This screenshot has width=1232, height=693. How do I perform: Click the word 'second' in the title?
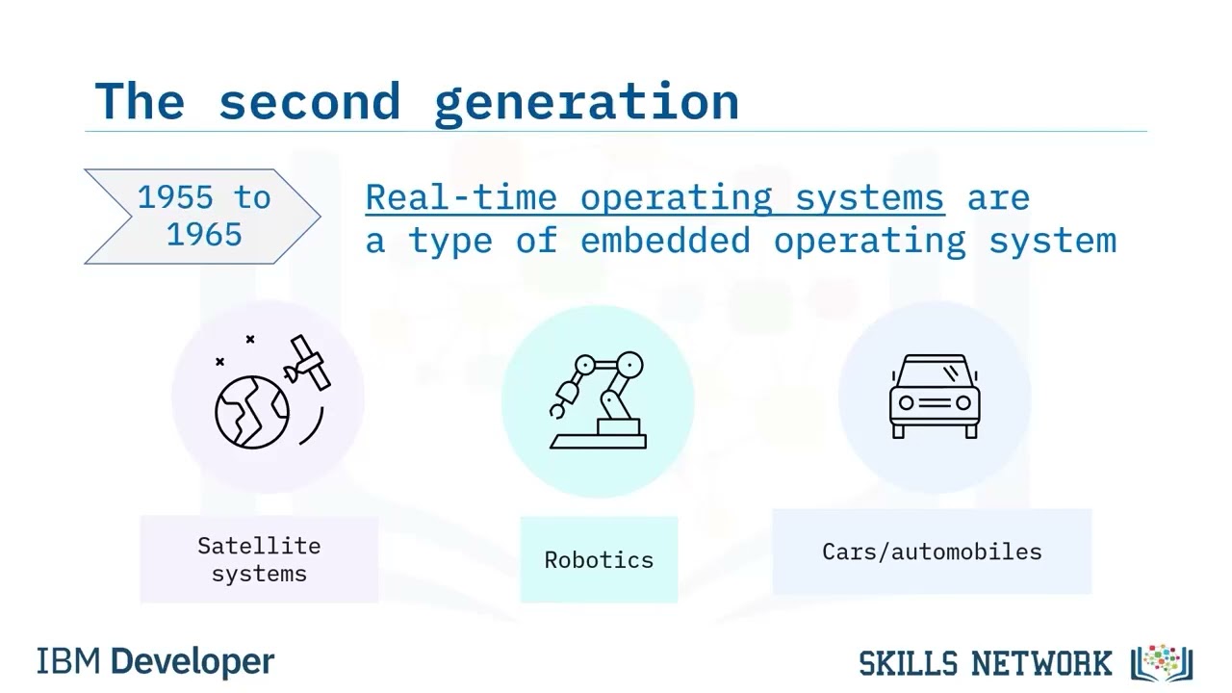308,101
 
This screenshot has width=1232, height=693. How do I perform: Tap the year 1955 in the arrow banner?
175,197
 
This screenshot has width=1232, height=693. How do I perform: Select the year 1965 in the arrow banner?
204,234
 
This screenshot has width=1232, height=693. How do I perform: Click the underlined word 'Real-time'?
461,197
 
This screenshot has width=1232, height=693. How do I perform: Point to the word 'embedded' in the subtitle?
665,240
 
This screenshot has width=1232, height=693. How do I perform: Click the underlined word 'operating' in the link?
676,198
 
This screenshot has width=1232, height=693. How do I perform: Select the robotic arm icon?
598,400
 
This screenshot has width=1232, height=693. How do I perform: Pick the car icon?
934,397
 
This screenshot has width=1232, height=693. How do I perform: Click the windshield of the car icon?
934,372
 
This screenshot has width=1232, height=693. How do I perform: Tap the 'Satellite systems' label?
259,559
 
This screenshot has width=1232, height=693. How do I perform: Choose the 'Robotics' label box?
599,559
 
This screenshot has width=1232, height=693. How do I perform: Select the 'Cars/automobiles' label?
932,552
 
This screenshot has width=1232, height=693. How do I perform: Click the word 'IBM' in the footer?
70,662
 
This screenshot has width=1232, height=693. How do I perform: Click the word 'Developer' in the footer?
192,662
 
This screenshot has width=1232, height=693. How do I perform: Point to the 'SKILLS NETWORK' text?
985,663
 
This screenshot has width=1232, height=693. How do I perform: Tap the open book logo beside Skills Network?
1161,662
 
